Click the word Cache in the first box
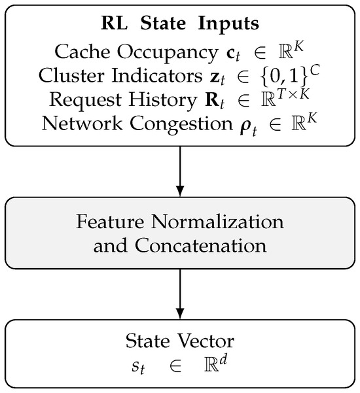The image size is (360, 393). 82,52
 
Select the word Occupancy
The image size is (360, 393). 168,53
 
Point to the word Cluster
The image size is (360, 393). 71,75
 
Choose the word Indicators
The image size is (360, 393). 157,75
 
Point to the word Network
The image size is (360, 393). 82,124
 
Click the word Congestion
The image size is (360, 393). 181,124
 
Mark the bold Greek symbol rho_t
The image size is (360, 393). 248,128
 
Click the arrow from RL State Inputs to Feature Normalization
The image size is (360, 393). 180,171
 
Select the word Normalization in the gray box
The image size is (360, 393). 217,222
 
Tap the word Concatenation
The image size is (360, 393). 200,246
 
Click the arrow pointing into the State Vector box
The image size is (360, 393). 180,294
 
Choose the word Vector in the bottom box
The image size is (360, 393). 206,341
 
